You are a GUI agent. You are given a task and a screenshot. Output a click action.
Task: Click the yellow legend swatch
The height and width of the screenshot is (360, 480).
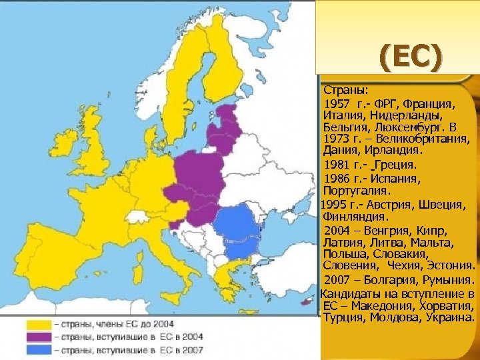click(38, 323)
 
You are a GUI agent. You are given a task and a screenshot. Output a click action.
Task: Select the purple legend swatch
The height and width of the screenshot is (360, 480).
click(38, 336)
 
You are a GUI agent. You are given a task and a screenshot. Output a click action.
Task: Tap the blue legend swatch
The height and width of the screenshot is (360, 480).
click(38, 349)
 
